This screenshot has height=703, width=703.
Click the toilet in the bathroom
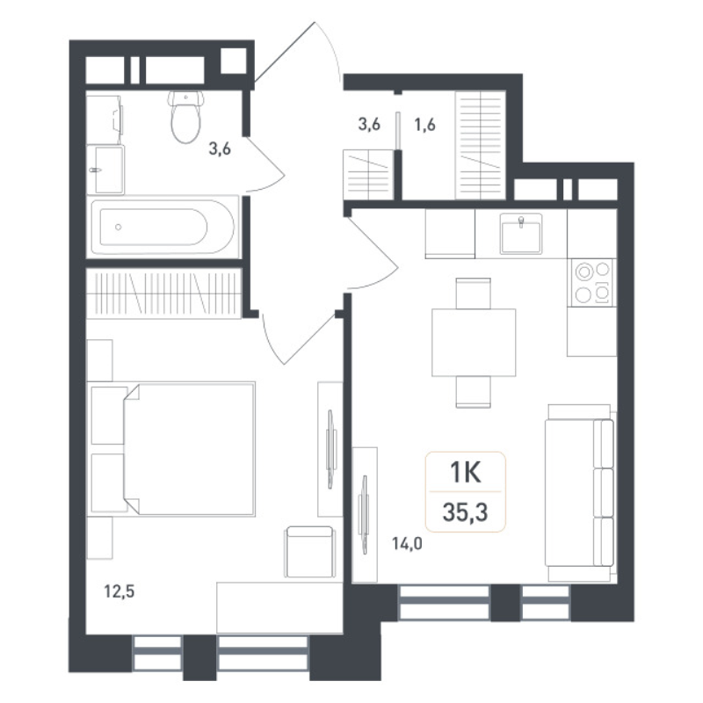(x=184, y=118)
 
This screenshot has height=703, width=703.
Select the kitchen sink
(x=522, y=233)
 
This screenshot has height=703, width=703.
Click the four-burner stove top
(x=591, y=282)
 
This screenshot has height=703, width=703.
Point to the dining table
(x=474, y=342)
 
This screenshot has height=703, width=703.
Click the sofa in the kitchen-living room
(x=579, y=492)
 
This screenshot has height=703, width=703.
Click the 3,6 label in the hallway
(x=369, y=125)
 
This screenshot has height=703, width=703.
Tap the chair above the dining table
(x=474, y=293)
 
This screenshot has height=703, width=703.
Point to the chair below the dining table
(x=474, y=390)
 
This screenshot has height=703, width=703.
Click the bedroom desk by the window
(x=279, y=606)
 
